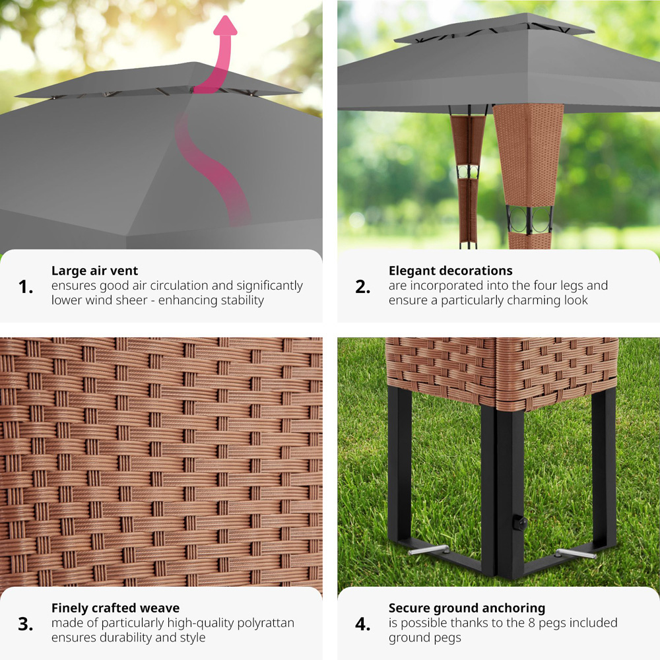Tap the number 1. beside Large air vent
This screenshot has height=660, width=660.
point(26,287)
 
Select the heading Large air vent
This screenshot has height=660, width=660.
point(94,271)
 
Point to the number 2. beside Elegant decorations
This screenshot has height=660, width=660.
point(363,287)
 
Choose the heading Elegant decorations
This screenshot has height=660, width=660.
point(450,271)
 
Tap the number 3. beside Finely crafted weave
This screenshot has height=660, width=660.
point(26,624)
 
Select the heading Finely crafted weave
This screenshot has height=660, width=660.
point(115,609)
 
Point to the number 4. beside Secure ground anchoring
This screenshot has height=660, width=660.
point(363,624)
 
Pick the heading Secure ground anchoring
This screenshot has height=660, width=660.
point(467,609)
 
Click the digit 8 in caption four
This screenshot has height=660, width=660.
point(531,623)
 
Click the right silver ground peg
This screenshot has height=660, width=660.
point(575,554)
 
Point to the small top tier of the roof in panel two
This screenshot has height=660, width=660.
point(494,28)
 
